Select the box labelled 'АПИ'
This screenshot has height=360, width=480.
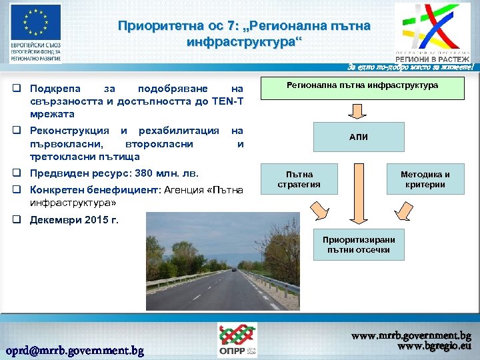(x=358, y=137)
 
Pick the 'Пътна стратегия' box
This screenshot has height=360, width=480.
(x=298, y=179)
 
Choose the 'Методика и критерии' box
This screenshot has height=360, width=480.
(x=425, y=179)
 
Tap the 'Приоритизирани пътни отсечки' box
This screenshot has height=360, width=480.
(x=359, y=245)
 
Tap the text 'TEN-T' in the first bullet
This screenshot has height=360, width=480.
(x=227, y=101)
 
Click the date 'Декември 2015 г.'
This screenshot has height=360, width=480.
(x=75, y=221)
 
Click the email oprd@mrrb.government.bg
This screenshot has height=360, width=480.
(x=75, y=350)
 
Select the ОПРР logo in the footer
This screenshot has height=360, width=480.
(x=237, y=341)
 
